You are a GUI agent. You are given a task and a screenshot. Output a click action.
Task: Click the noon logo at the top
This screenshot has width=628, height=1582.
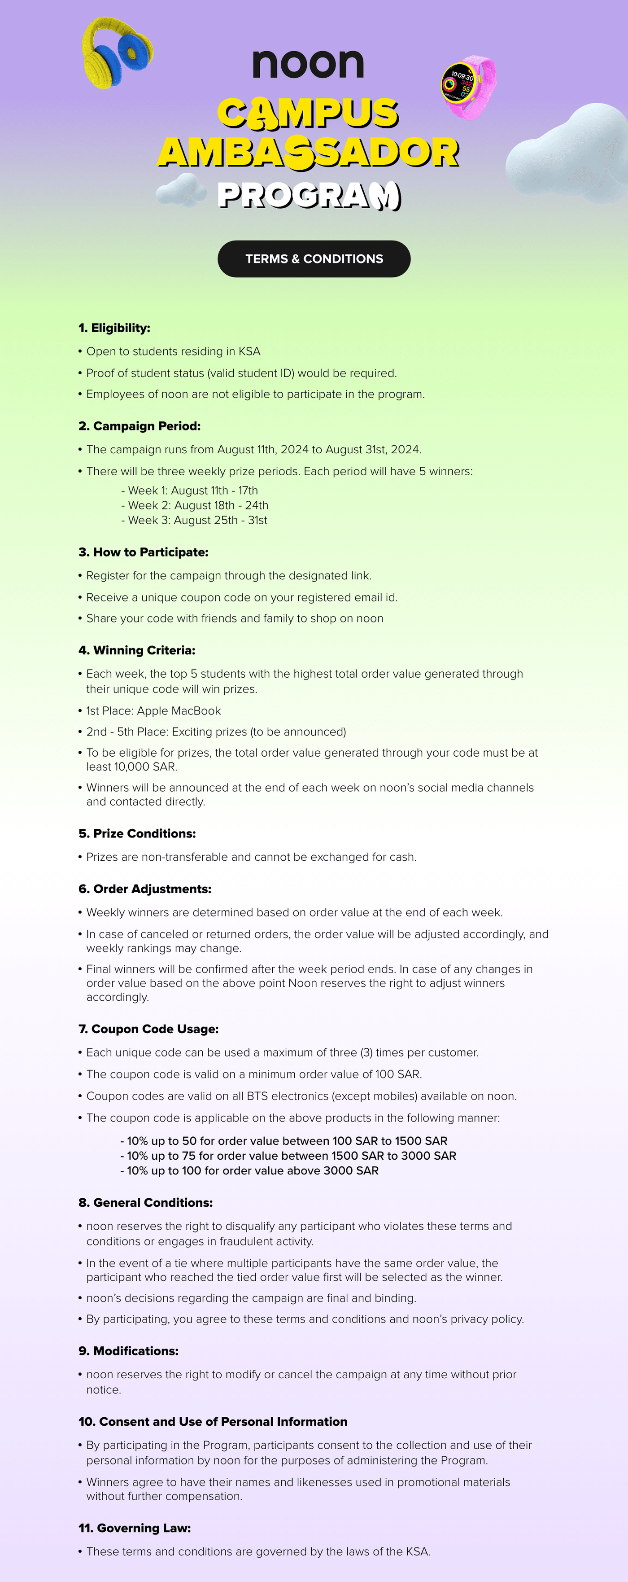click(308, 63)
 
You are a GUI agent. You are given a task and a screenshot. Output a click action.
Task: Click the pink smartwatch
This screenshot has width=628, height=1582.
click(468, 87)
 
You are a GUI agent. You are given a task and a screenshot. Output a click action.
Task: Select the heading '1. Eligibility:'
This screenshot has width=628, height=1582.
click(114, 328)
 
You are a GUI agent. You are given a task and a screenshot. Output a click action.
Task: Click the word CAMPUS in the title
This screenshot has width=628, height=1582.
click(308, 113)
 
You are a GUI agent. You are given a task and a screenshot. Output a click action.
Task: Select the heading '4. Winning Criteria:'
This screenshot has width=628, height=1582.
click(137, 650)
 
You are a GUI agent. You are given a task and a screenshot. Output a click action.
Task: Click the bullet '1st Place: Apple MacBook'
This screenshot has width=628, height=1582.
click(153, 710)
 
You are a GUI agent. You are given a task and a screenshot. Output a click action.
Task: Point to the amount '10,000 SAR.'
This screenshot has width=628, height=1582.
click(145, 767)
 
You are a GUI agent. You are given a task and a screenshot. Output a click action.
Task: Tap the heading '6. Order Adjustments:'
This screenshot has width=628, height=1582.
click(145, 889)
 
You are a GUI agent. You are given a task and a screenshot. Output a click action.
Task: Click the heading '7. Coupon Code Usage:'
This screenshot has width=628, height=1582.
click(148, 1029)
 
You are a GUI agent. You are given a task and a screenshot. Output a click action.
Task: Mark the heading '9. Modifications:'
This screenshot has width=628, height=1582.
click(128, 1351)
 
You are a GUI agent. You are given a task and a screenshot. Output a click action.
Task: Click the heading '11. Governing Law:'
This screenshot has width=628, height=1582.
click(135, 1528)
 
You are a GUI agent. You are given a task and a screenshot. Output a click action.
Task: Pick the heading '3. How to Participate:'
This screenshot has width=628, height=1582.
click(144, 552)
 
